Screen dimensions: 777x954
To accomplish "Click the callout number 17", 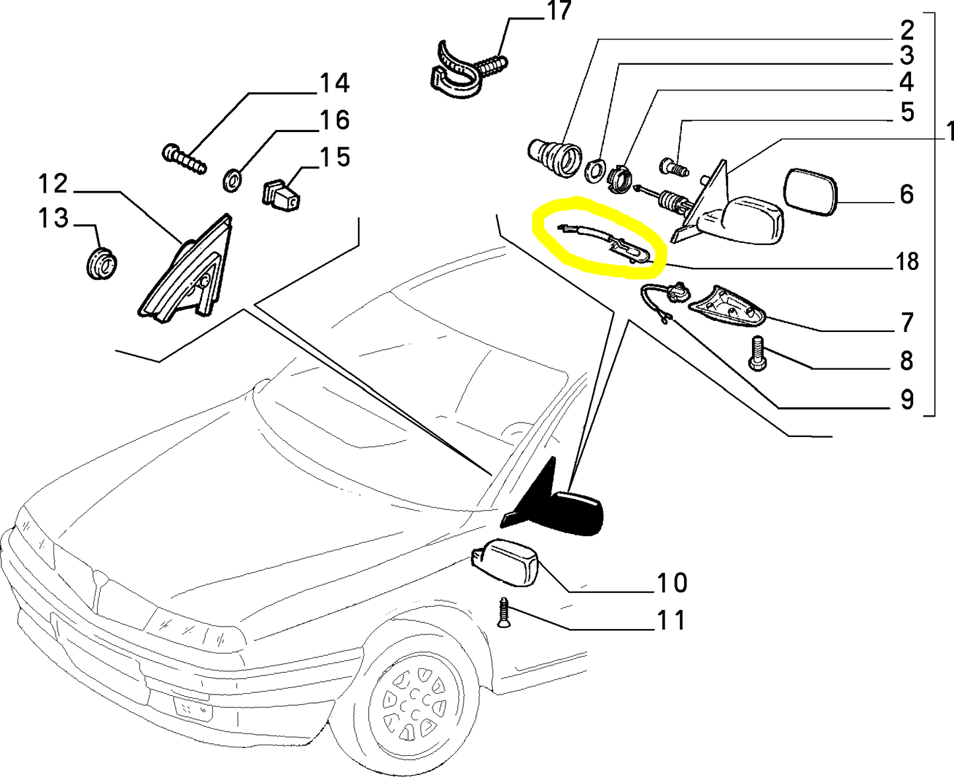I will [x=559, y=12].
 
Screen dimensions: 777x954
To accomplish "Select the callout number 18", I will [x=908, y=262].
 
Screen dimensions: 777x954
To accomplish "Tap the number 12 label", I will [x=52, y=184].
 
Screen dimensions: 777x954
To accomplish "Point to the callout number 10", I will [x=671, y=583].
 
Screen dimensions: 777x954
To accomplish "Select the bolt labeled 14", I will [x=184, y=159].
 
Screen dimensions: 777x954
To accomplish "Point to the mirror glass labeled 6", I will [x=811, y=191].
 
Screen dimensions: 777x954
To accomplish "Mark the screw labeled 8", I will [x=757, y=353].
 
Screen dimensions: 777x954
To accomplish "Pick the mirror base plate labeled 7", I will [x=726, y=306].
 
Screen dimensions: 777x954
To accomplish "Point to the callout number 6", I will [x=907, y=194].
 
